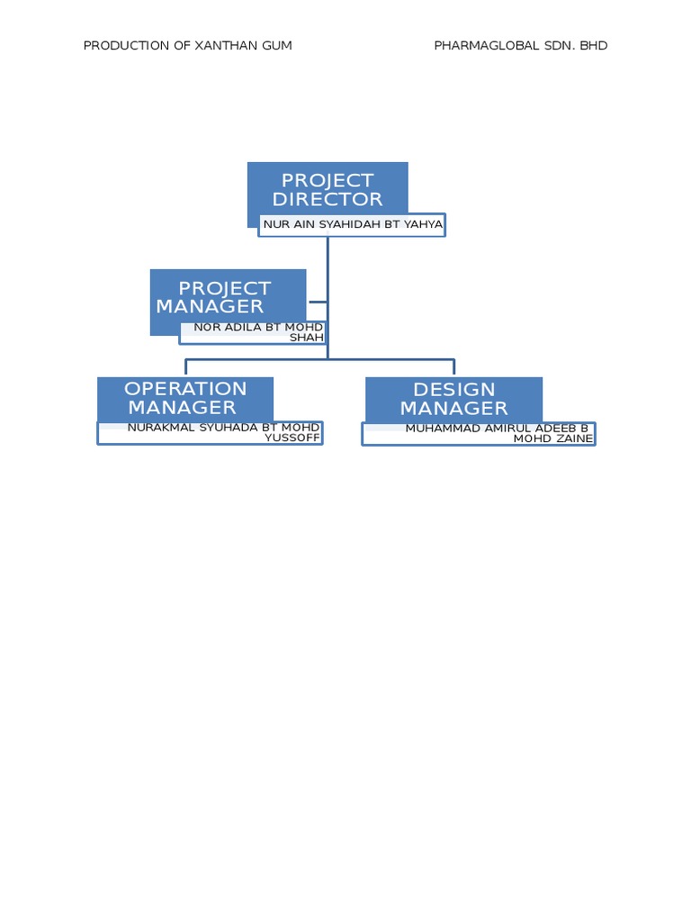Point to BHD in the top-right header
(x=594, y=46)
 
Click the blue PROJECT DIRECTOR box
(x=328, y=188)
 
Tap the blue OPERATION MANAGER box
(x=185, y=397)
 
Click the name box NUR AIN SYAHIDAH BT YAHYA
(x=352, y=224)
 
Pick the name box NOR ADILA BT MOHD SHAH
(x=253, y=332)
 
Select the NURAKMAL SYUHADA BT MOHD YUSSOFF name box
(x=210, y=432)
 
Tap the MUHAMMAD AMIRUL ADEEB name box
(x=479, y=433)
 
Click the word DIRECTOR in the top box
(x=328, y=199)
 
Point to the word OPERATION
(x=185, y=389)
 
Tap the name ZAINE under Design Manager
(x=572, y=438)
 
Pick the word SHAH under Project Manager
(x=306, y=338)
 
